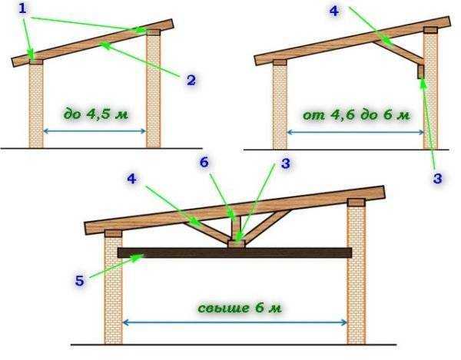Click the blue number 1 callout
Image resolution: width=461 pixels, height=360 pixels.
tap(22, 8)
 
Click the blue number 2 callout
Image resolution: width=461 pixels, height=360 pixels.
tap(191, 80)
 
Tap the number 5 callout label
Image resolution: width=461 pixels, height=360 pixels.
tap(80, 280)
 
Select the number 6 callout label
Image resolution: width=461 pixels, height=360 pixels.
tap(204, 162)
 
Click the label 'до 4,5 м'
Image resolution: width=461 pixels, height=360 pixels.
tap(96, 114)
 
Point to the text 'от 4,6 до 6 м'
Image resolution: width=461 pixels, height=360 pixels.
tap(357, 115)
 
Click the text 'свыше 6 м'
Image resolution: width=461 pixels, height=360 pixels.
tap(240, 308)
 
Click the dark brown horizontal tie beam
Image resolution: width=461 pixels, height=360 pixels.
tap(234, 253)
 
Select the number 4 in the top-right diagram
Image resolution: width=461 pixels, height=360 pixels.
tap(334, 11)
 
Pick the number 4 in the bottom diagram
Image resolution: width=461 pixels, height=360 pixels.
tap(131, 179)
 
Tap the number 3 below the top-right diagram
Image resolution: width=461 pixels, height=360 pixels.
tap(437, 178)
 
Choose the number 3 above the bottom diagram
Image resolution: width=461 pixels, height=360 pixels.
tap(286, 163)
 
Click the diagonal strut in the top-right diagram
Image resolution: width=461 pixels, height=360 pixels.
tap(398, 52)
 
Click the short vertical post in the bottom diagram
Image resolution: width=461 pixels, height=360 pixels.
tap(236, 228)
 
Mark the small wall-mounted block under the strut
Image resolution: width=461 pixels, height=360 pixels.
tap(421, 72)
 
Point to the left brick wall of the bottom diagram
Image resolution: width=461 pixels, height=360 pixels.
tap(114, 290)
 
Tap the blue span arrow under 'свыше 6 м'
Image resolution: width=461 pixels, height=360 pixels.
tap(234, 322)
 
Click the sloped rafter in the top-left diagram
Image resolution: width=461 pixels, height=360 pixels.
tap(93, 43)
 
